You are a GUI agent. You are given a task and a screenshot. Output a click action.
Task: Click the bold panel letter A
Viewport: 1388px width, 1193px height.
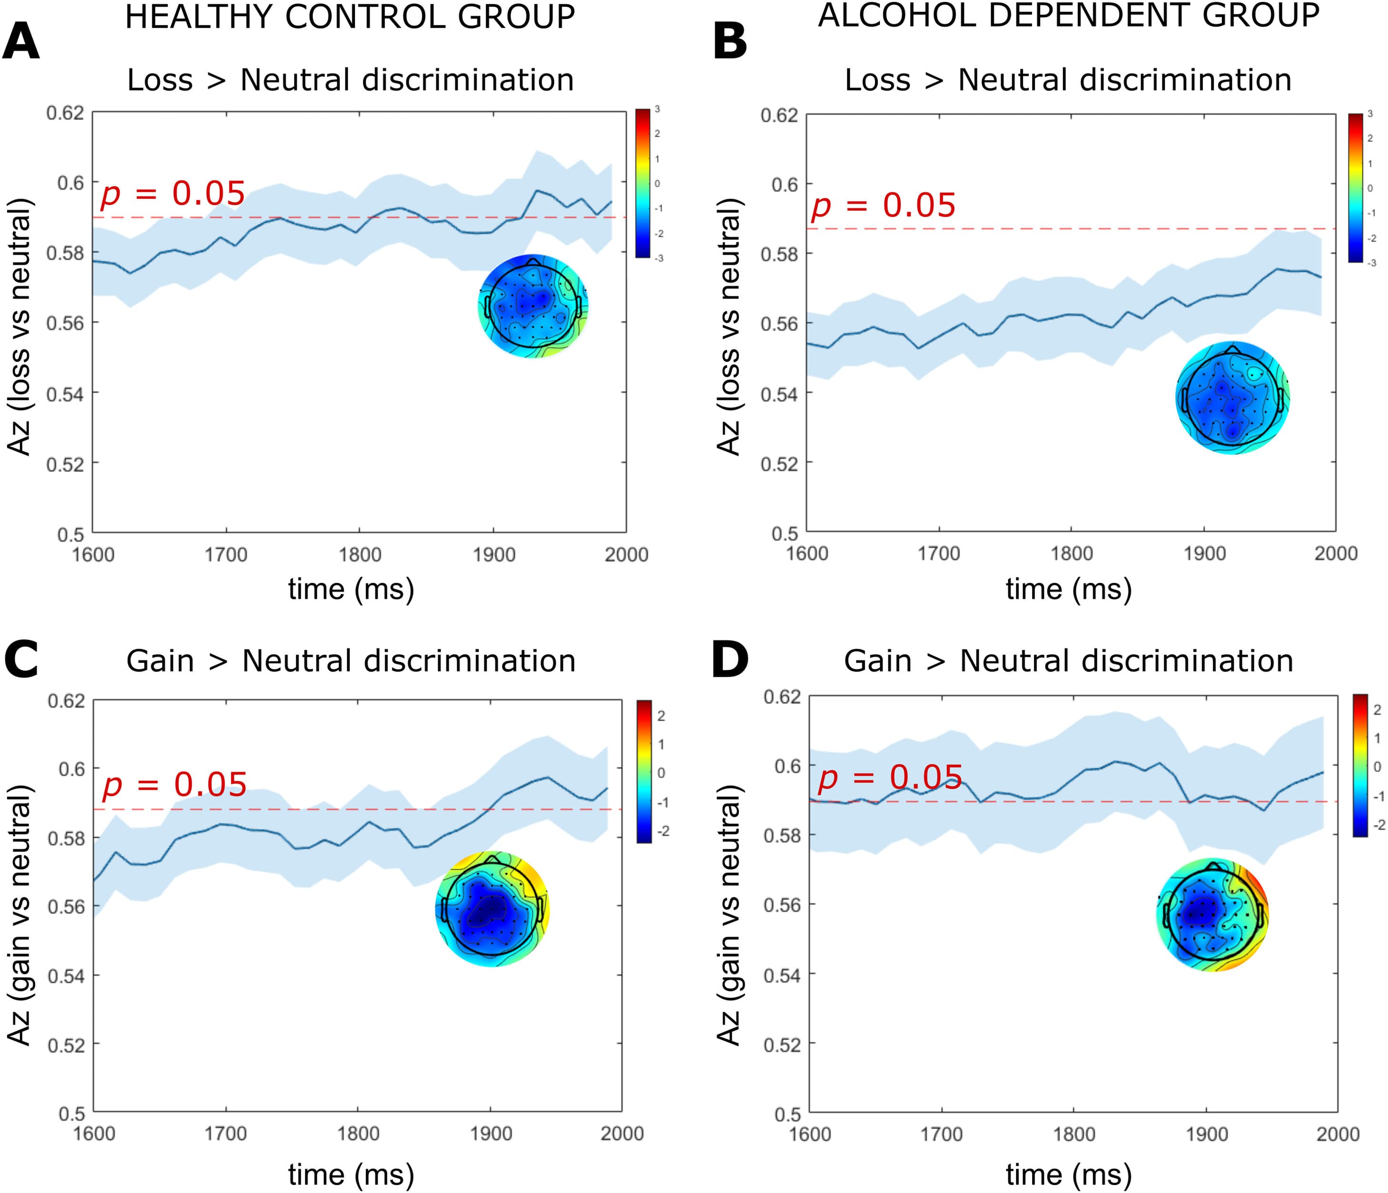click(x=21, y=41)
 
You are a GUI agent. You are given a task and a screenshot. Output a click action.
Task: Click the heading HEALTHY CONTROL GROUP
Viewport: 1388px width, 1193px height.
click(x=350, y=17)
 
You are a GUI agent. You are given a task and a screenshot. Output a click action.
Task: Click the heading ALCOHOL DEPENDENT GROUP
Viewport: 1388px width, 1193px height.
click(x=1068, y=15)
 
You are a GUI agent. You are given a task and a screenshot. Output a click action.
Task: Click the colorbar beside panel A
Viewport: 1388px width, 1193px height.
click(x=642, y=183)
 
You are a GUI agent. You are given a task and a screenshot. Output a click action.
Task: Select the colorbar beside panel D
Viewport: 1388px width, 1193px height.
click(x=1360, y=766)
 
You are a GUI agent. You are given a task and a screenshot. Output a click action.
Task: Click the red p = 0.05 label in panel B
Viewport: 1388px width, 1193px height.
click(x=883, y=205)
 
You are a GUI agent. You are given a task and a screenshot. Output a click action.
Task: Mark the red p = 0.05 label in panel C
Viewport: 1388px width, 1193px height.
click(x=174, y=785)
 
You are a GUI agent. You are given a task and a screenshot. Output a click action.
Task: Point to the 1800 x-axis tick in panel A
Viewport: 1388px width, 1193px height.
click(x=360, y=555)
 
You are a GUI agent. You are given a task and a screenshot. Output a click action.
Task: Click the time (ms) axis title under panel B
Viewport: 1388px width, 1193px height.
click(x=1068, y=589)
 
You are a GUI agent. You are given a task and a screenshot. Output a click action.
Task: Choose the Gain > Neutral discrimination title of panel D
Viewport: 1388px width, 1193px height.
click(x=1068, y=661)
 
